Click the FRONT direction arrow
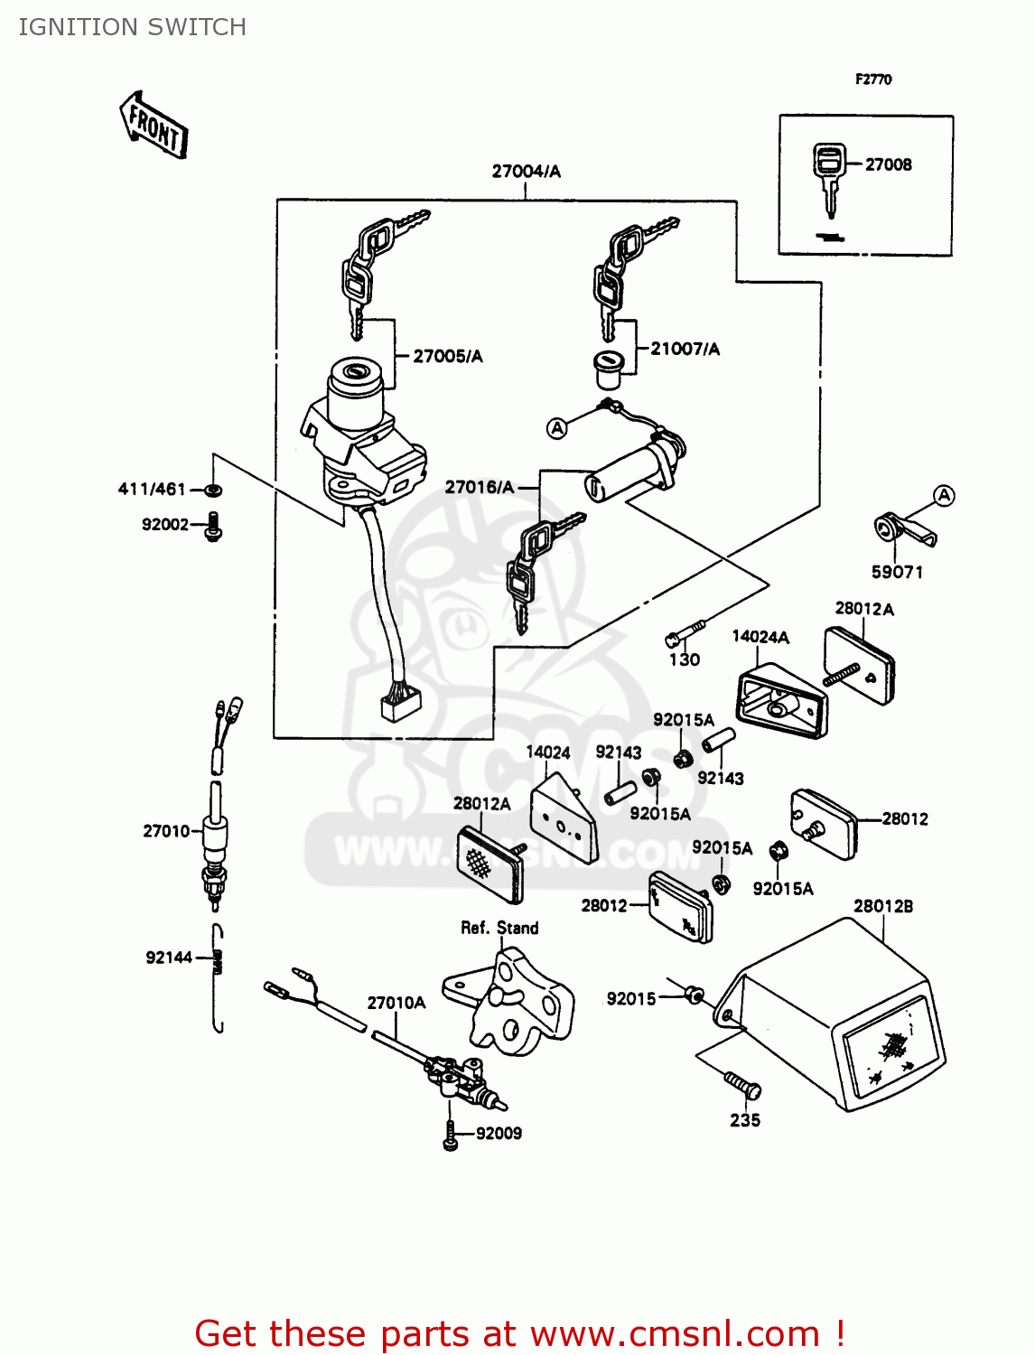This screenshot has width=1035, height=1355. coord(154,125)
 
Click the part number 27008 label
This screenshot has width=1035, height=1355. coord(888,164)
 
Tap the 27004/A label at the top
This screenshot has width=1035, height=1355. coord(526,171)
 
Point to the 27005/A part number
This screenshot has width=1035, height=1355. coord(447,356)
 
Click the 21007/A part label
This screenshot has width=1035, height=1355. coord(685,349)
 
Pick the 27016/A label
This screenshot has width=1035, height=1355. coord(479,487)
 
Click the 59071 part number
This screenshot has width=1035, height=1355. coord(897,572)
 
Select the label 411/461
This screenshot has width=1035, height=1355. coord(152,489)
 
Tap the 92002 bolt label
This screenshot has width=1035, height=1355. coord(165,524)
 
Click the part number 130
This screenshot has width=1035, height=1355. coord(685,659)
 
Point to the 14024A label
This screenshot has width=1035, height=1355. coord(760,637)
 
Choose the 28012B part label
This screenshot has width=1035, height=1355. coord(882,906)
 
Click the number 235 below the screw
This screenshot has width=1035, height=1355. coord(745,1120)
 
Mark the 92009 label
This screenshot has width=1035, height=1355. coord(499,1133)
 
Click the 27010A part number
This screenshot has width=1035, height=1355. coord(396,1003)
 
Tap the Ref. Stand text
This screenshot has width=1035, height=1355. coord(499,928)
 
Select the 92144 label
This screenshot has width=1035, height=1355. coord(169,958)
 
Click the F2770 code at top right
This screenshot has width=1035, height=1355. coord(873,79)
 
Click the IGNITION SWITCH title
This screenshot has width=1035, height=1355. coord(133,27)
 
